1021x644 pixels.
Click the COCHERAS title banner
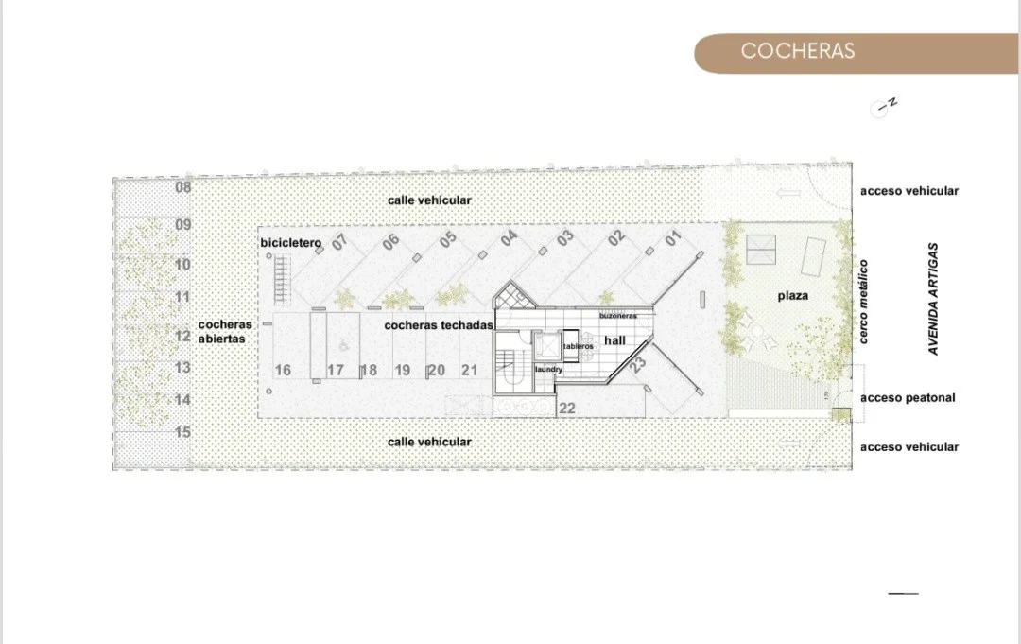pos(857,53)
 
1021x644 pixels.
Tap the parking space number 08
pos(183,187)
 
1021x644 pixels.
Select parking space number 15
pos(183,432)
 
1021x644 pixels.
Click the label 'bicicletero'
pos(291,243)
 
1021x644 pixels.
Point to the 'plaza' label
pos(793,296)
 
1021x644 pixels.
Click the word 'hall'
pos(614,340)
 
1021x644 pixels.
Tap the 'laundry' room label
pos(549,369)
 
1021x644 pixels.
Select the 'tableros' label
pos(579,346)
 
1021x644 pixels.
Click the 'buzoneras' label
pos(618,316)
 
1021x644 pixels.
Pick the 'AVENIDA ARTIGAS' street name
pos(934,299)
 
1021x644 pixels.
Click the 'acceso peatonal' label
pos(908,397)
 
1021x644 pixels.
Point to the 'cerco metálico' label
pos(863,302)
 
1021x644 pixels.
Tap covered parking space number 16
pos(283,371)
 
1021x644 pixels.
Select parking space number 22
pos(567,409)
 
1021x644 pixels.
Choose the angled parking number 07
pos(340,242)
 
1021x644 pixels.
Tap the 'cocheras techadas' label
pos(439,325)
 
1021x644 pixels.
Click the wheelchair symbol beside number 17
pos(343,346)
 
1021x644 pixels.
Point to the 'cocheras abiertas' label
pos(225,331)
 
